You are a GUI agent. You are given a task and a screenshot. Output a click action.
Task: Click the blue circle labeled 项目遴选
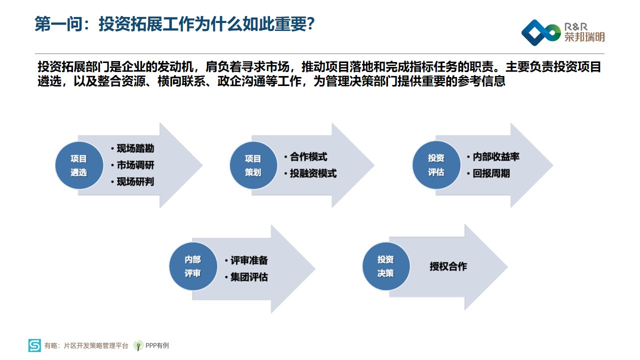[x=79, y=165]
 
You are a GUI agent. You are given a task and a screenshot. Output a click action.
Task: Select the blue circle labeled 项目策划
[x=253, y=165]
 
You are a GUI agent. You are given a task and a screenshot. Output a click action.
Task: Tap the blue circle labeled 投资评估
[x=436, y=165]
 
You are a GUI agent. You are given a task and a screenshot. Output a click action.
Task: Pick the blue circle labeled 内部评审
[x=193, y=266]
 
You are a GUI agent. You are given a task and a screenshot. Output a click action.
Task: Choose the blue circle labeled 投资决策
[x=386, y=266]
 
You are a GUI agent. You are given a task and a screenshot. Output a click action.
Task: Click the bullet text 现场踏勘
[x=135, y=148]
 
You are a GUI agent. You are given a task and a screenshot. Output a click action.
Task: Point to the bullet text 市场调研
[x=135, y=165]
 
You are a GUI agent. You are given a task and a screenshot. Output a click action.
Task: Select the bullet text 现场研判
[x=135, y=181]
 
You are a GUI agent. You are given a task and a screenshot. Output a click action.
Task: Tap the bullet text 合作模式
[x=308, y=157]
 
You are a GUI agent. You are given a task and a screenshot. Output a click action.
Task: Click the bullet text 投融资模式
[x=313, y=173]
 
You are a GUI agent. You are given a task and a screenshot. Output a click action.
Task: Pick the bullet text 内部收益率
[x=496, y=157]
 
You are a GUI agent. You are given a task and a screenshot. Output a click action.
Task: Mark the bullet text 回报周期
[x=491, y=173]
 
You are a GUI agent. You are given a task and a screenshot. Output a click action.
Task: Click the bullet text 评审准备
[x=249, y=260]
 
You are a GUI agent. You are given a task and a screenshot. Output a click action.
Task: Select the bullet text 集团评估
[x=249, y=277]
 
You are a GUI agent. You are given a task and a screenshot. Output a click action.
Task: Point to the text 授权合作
[x=448, y=266]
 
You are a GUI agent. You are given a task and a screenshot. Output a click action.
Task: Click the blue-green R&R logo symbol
[x=541, y=32]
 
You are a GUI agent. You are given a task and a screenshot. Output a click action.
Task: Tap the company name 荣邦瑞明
[x=584, y=37]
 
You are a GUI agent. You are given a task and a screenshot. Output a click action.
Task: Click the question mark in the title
[x=310, y=24]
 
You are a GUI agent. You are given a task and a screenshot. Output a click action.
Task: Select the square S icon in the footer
[x=34, y=345]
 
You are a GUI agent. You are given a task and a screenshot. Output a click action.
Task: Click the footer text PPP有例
[x=157, y=345]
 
